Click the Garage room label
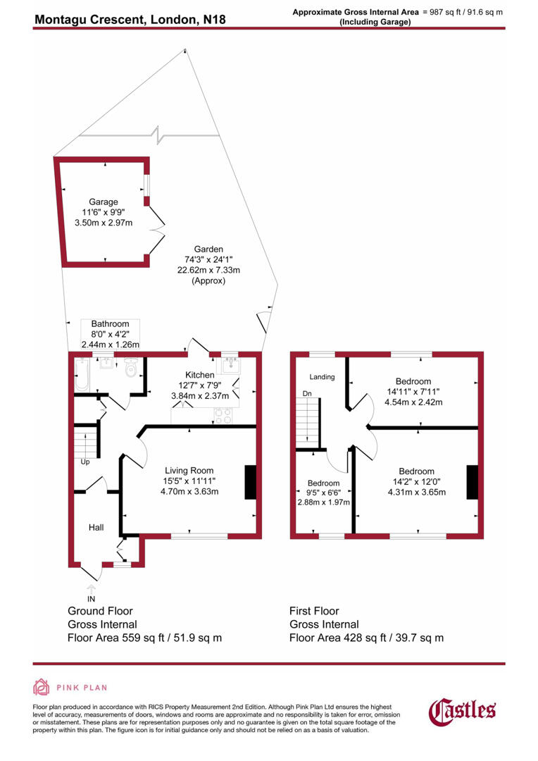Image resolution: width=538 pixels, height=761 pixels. [x=104, y=202]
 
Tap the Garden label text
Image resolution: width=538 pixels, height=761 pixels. [x=209, y=249]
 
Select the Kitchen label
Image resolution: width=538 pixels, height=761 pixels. [x=199, y=374]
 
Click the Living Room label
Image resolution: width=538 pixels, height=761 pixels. [x=189, y=471]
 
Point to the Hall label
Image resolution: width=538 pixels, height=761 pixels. [x=96, y=526]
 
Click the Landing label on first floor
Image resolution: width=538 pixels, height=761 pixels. [x=323, y=377]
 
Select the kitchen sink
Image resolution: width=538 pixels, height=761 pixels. [x=230, y=366]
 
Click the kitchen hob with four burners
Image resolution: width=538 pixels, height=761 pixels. [x=223, y=416]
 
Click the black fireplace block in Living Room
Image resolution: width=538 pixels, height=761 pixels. [x=251, y=483]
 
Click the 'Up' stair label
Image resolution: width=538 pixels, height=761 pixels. [x=85, y=463]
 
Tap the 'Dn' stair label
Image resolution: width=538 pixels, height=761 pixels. [x=307, y=392]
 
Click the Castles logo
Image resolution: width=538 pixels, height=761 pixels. [x=463, y=710]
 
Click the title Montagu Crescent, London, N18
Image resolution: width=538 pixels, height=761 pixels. [x=130, y=18]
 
